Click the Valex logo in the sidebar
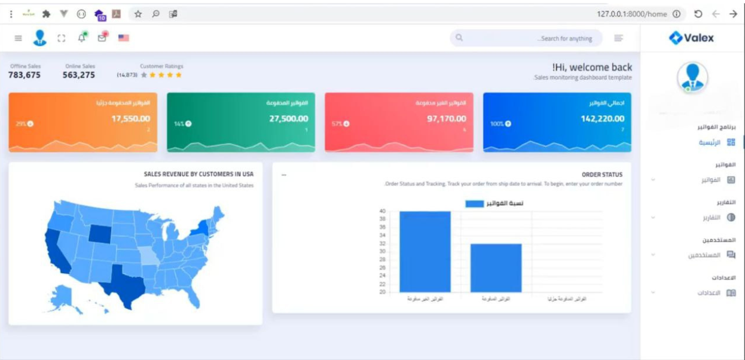click(x=691, y=38)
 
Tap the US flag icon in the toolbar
click(x=124, y=38)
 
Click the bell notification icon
click(x=82, y=38)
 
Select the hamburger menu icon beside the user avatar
click(x=18, y=38)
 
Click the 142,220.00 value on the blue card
click(x=602, y=118)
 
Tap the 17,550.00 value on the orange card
click(x=130, y=118)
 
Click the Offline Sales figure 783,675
click(x=25, y=75)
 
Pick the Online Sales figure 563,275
click(x=78, y=75)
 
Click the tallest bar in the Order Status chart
click(x=425, y=251)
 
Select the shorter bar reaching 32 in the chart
click(x=496, y=267)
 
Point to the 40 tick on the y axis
click(x=382, y=211)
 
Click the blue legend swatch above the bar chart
click(x=474, y=203)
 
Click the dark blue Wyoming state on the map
click(x=100, y=233)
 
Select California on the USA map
click(x=57, y=251)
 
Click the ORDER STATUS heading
click(x=602, y=175)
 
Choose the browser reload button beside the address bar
click(x=698, y=14)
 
